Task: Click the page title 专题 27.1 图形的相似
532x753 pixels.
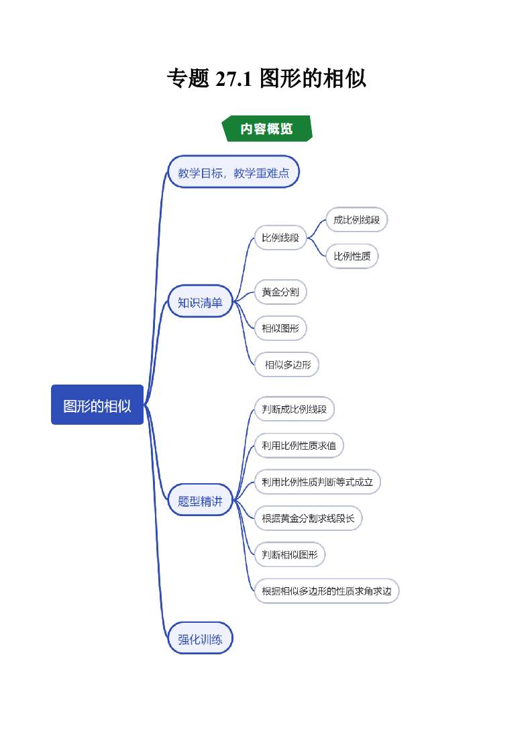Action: coord(266,79)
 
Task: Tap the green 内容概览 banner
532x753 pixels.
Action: coord(267,129)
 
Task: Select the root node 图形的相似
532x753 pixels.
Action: coord(97,405)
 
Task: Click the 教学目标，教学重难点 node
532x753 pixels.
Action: coord(233,173)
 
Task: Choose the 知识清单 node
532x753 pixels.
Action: coord(200,302)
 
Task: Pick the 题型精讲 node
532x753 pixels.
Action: coord(200,501)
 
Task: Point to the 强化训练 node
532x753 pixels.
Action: coord(200,639)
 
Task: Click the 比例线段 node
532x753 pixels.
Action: coord(280,238)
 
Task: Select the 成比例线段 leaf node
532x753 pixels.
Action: coord(356,219)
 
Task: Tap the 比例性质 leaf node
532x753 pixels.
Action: coord(352,256)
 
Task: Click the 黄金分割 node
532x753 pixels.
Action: coord(280,292)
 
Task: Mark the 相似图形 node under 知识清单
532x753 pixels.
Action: coord(280,328)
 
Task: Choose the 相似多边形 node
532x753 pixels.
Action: coord(287,364)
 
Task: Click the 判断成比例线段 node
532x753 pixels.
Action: coord(294,409)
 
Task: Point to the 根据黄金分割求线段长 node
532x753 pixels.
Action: coord(308,518)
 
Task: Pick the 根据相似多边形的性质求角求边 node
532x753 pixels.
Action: coord(326,591)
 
